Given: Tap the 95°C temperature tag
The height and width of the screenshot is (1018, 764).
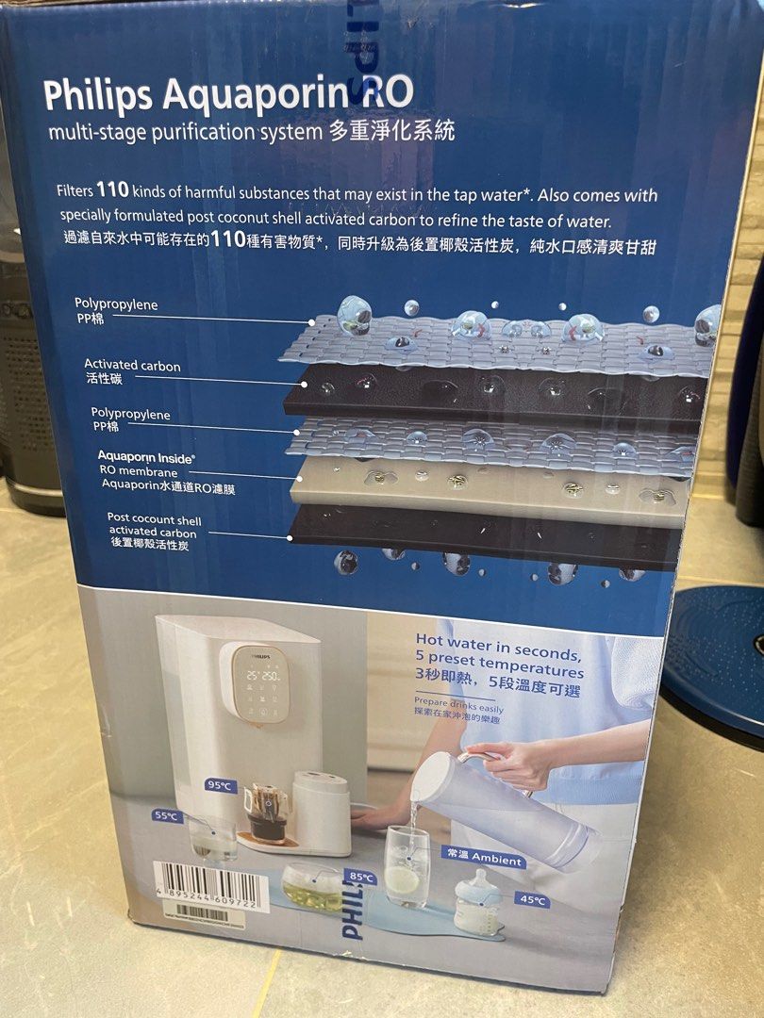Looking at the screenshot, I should [x=220, y=785].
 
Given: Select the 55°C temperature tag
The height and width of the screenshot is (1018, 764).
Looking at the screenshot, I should [x=167, y=815].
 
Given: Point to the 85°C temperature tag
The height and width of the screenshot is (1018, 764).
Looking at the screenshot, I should [x=361, y=877].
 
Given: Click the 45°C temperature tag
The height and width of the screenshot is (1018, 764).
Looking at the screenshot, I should [x=532, y=900].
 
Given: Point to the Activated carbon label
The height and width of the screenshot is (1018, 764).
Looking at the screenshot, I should [x=131, y=371].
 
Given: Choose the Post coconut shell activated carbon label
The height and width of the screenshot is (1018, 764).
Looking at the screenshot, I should [x=153, y=532].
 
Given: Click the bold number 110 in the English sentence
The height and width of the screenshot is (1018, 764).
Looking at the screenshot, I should [x=112, y=189].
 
